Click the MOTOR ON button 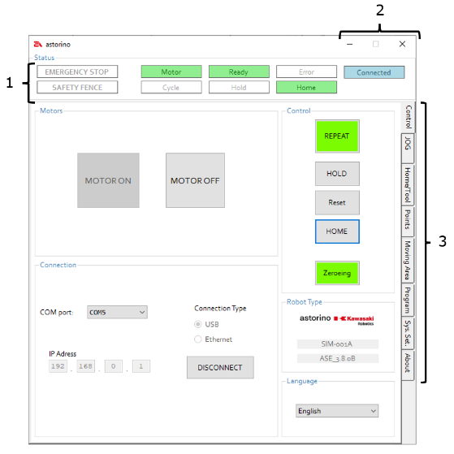[108, 180]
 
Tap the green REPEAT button [337, 136]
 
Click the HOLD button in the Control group [337, 174]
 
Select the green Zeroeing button [337, 273]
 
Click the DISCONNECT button [220, 367]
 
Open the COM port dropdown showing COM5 [117, 312]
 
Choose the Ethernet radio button [198, 339]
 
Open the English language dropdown [337, 411]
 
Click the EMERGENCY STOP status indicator [77, 71]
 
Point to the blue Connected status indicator [374, 72]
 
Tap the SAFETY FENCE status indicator [77, 87]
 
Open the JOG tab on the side [408, 149]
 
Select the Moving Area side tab [408, 260]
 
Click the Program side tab [408, 301]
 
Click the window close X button [402, 44]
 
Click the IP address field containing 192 [58, 366]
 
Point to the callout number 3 [442, 241]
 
